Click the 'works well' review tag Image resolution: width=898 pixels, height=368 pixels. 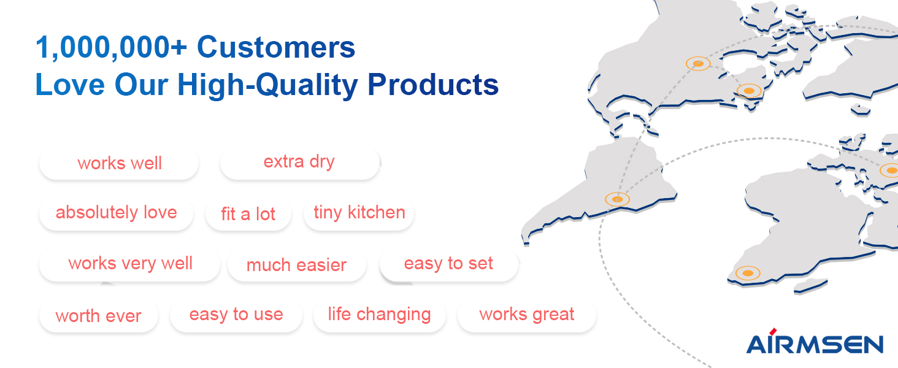(119, 163)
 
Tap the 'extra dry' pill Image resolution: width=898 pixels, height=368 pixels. (300, 163)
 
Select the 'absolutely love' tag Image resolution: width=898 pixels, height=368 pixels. (117, 213)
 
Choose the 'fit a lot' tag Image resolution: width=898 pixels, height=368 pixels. (248, 214)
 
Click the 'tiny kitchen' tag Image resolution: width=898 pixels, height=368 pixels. (359, 213)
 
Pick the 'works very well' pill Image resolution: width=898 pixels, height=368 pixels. (130, 264)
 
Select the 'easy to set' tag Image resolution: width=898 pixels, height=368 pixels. (449, 264)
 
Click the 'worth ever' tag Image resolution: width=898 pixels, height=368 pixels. (99, 316)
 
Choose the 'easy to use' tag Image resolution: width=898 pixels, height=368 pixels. (236, 315)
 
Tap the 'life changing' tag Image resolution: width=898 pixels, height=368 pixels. (379, 315)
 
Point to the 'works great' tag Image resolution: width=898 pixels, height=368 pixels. (527, 315)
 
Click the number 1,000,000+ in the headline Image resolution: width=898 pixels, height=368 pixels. (112, 48)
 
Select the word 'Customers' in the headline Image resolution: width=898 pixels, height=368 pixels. (276, 47)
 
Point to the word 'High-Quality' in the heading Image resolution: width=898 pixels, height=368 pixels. (267, 85)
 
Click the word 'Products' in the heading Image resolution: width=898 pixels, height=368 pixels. (433, 85)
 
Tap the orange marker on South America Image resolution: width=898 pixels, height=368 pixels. (617, 199)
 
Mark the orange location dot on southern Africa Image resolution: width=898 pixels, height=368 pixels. (748, 273)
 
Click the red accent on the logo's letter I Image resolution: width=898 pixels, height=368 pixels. (773, 331)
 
